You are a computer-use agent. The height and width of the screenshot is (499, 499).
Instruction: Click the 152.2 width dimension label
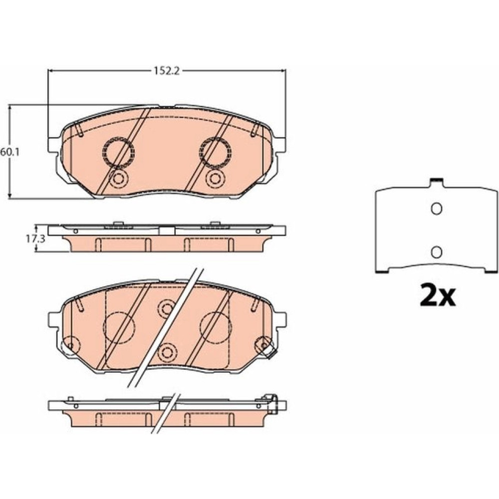(x=167, y=71)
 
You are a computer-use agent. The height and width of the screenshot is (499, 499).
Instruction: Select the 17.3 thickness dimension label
(x=31, y=240)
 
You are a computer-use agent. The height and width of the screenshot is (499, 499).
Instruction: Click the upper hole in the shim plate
(x=436, y=209)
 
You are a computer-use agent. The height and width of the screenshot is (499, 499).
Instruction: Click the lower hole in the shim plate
(x=436, y=252)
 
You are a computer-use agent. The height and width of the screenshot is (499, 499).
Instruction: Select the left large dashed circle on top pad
(x=118, y=152)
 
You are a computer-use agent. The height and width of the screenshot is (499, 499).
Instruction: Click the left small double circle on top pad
(x=118, y=179)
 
